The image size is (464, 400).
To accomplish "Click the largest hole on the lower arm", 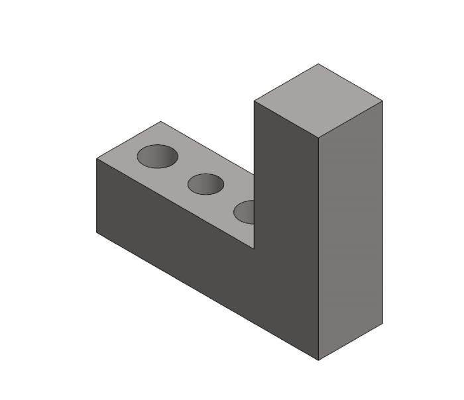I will tap(158, 156).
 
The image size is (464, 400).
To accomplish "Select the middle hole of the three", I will tap(205, 184).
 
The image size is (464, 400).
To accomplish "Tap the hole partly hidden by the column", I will tap(245, 212).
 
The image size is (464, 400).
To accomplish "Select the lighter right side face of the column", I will tap(351, 232).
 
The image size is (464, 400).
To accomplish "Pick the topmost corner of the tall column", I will tap(318, 64).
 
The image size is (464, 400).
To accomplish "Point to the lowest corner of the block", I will tap(319, 360).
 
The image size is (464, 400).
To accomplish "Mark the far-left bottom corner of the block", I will tap(97, 232).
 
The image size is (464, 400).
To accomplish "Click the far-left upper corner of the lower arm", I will tap(97, 159).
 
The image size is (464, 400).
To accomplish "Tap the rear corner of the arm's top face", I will tap(160, 121).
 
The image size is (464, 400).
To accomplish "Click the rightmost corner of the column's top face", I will tap(382, 101).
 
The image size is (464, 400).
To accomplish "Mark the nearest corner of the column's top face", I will tap(319, 139).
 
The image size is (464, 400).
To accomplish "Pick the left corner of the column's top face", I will tap(255, 101).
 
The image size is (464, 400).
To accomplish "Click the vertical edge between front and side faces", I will tap(319, 252).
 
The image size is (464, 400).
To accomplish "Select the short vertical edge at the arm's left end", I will tap(97, 196).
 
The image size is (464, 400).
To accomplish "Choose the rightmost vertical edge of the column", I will tap(382, 212).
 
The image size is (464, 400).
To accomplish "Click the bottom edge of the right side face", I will tap(351, 342).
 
